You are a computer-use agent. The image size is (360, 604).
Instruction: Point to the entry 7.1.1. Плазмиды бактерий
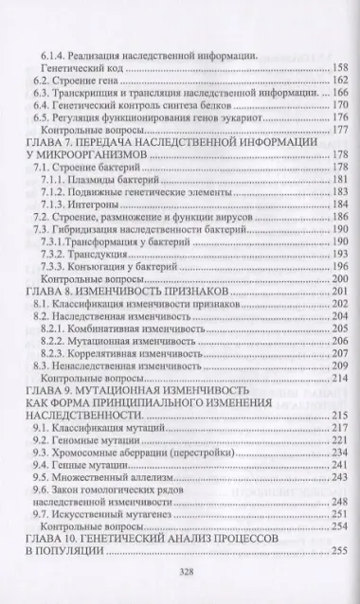coord(100,180)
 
